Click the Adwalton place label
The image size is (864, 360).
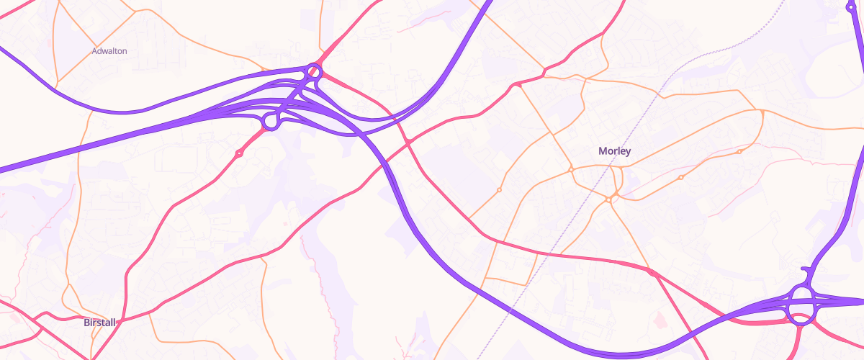click(x=109, y=52)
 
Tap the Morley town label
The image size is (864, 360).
click(x=614, y=151)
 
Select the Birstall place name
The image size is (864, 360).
click(x=99, y=322)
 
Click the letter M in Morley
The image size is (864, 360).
click(x=602, y=151)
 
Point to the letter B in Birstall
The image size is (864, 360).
click(x=86, y=322)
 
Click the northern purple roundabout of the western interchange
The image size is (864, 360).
click(x=313, y=71)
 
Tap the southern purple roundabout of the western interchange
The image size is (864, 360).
click(x=271, y=121)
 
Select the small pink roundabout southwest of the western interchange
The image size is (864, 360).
click(x=239, y=153)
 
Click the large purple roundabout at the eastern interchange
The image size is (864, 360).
click(x=801, y=305)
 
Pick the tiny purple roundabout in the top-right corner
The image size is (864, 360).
click(x=850, y=6)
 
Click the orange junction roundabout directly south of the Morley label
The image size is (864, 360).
click(x=609, y=199)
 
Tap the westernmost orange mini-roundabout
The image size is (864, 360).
click(x=499, y=190)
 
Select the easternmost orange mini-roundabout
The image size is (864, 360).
click(x=739, y=152)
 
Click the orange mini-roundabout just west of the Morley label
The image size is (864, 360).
click(x=570, y=168)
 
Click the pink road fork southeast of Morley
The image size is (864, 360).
click(x=652, y=272)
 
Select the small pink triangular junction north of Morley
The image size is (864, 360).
click(x=516, y=86)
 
